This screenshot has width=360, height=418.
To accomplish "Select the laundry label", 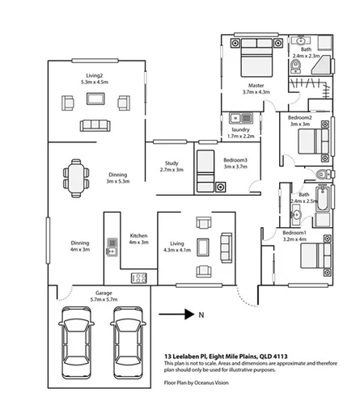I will (x=240, y=129).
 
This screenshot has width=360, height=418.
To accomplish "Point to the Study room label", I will (x=172, y=163).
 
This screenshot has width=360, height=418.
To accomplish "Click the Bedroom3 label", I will (x=236, y=159).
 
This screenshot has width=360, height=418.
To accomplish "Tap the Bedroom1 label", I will (x=294, y=233).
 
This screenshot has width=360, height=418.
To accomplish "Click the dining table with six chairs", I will (x=75, y=177).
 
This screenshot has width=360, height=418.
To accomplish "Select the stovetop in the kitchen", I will (x=138, y=278).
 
